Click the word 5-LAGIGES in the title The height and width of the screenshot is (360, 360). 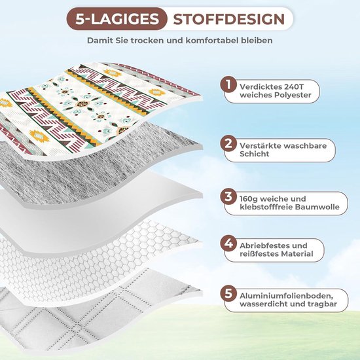[117, 19]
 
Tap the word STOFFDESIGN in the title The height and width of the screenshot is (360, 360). [229, 19]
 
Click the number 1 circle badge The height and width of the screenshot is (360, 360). [228, 84]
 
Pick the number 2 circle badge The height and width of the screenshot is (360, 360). [228, 143]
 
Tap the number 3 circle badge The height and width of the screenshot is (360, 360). [228, 196]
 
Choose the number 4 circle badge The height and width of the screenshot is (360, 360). [228, 243]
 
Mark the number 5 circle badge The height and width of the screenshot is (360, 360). [228, 293]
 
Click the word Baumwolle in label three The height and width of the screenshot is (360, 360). [317, 207]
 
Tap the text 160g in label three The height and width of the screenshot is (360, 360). [247, 199]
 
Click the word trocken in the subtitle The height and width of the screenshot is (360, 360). [147, 41]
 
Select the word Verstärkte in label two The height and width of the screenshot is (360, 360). [259, 146]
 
